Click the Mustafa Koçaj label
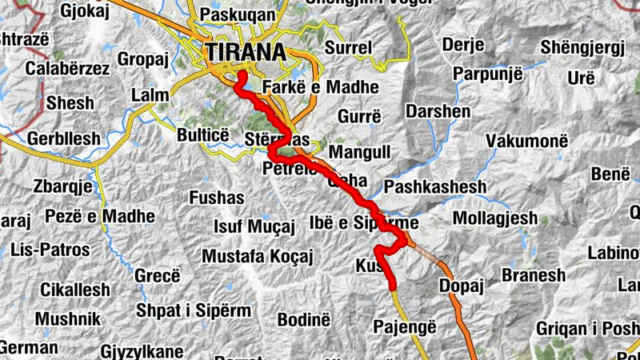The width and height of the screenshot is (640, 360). [x=257, y=256]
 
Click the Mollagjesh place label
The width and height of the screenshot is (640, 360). [x=495, y=218]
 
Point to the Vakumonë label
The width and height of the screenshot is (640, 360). [x=526, y=140]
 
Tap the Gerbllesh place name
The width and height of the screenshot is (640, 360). [x=64, y=138]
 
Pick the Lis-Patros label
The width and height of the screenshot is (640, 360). [x=50, y=250]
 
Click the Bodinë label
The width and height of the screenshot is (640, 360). [x=303, y=319]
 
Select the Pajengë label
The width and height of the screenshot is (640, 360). [x=406, y=326]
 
